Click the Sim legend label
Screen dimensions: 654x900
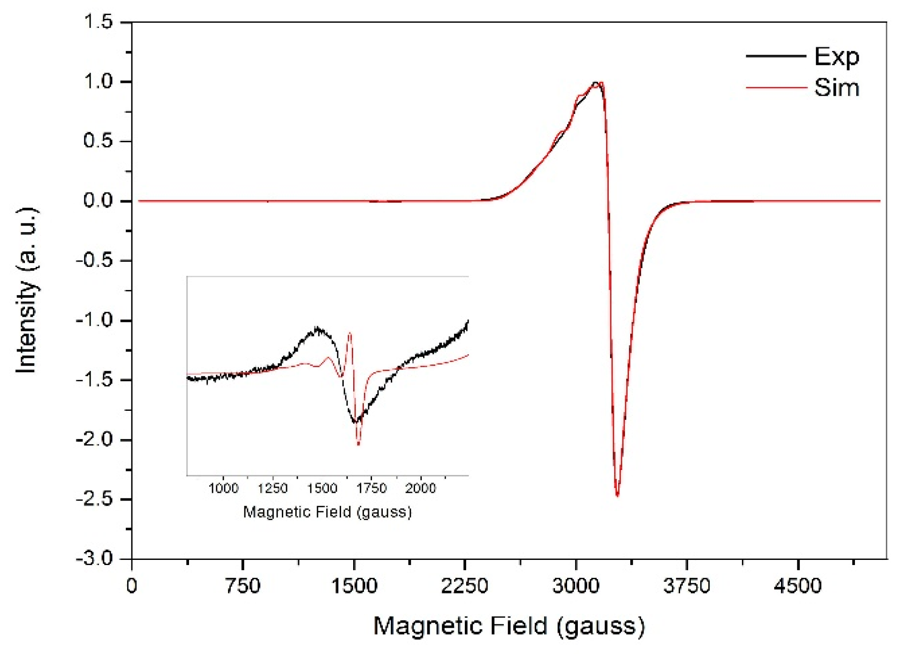836,88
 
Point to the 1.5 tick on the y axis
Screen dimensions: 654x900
98,22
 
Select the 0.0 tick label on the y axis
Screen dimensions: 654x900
98,201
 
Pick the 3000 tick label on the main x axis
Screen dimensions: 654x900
575,586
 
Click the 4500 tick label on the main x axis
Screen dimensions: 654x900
797,586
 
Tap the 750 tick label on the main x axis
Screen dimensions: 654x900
243,586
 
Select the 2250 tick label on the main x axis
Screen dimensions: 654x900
464,586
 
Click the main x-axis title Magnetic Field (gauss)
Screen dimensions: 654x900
509,626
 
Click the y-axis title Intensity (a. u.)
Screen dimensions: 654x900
27,290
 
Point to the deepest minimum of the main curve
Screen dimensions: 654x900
617,495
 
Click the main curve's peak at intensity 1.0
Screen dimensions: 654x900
596,83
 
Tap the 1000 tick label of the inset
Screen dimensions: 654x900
223,488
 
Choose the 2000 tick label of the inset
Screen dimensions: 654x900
420,488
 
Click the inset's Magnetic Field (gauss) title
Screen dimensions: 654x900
327,512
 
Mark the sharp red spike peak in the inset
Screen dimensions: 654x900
350,333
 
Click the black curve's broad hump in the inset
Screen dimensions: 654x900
317,329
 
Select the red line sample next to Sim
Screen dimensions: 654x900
776,88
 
